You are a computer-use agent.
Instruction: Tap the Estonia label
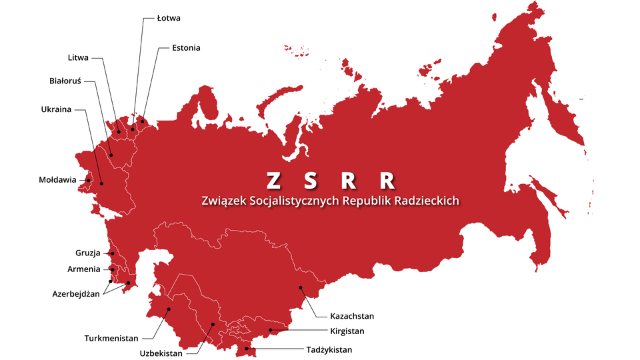pos(186,48)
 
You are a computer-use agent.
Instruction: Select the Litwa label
pos(78,58)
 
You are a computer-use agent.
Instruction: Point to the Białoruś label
pos(65,81)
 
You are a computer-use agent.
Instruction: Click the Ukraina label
pos(56,109)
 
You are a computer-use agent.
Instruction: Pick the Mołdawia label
pos(58,180)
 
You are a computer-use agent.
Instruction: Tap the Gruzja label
pos(87,253)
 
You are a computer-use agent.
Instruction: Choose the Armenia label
pos(84,269)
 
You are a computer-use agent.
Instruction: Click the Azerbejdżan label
pos(76,293)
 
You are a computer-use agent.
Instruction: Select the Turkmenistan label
pos(111,338)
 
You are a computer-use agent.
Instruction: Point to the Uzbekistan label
pos(161,354)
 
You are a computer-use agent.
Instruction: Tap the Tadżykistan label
pos(329,349)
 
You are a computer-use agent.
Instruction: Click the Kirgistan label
pos(347,331)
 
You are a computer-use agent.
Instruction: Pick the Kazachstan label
pos(352,315)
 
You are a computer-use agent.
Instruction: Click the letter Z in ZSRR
pos(273,181)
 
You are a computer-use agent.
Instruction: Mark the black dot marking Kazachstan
pos(301,288)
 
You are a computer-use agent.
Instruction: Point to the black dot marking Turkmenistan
pos(169,309)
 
